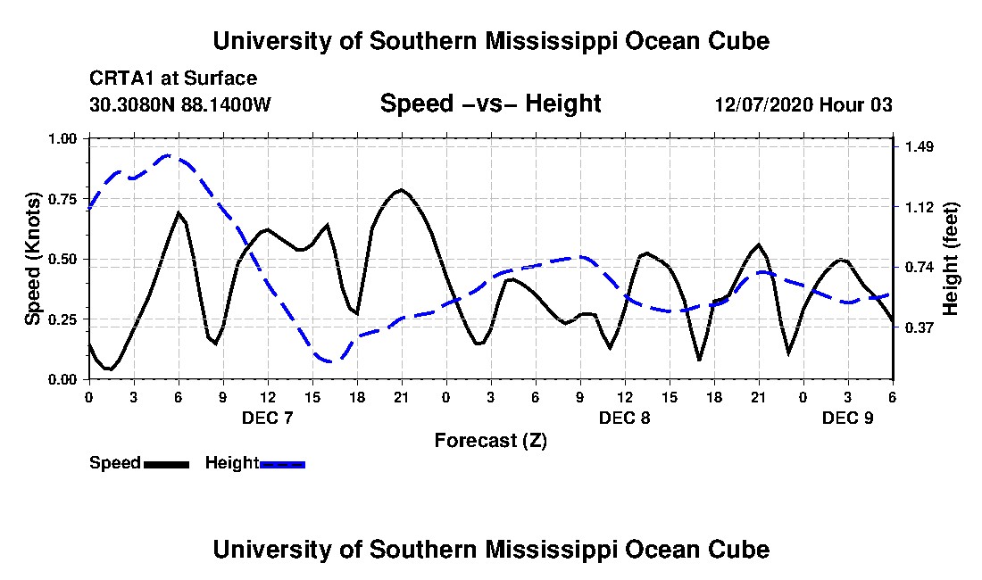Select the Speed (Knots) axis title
[x=33, y=259]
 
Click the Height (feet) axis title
[x=950, y=259]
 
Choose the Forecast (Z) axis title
[x=491, y=441]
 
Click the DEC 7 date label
[x=268, y=418]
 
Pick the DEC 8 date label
[x=624, y=418]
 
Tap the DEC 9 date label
[x=847, y=418]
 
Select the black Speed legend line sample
[x=167, y=464]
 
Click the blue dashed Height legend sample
[x=282, y=464]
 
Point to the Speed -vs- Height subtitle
[x=491, y=104]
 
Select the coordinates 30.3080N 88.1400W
[x=179, y=104]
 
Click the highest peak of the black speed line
[x=401, y=189]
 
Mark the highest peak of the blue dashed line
[x=168, y=155]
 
